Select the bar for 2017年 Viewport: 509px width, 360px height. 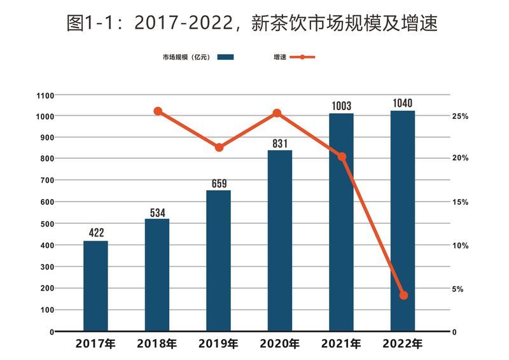coord(95,286)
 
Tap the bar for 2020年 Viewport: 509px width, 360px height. coord(280,241)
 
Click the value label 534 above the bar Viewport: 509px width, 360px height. coord(157,211)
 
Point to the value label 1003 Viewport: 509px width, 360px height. coord(341,106)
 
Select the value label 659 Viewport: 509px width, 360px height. coord(218,183)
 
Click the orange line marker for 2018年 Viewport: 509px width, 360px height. coord(158,111)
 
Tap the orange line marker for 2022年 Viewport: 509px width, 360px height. coord(403,295)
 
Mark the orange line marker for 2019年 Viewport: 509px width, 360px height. coord(219,148)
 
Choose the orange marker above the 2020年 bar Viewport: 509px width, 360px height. coord(277,113)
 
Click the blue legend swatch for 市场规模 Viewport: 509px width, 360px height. coord(225,57)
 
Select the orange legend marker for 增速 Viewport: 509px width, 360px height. coord(303,57)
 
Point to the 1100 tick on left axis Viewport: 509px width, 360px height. coord(45,95)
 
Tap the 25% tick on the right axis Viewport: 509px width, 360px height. coord(460,116)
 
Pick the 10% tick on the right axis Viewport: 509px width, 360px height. coord(460,246)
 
